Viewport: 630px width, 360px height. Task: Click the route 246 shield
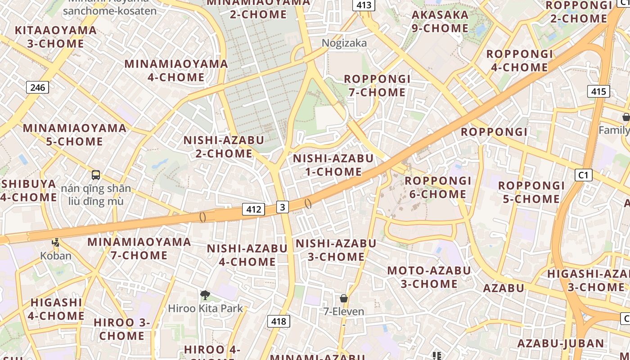click(x=37, y=87)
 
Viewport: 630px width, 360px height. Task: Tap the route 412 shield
click(x=253, y=209)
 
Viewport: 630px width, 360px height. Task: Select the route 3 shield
click(x=282, y=207)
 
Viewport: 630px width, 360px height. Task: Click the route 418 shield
click(x=279, y=321)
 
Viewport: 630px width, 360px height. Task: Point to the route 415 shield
click(x=598, y=92)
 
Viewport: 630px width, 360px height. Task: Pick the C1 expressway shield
click(x=583, y=175)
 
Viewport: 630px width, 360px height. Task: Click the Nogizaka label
click(x=344, y=43)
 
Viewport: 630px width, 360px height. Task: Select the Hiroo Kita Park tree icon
click(x=205, y=295)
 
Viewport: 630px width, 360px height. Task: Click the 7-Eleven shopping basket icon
click(x=344, y=298)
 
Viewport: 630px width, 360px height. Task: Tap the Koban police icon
click(x=55, y=243)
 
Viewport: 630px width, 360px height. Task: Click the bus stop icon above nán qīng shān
click(x=96, y=175)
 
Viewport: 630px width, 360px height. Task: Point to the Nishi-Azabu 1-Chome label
click(x=333, y=165)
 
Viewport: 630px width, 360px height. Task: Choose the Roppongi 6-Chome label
click(x=438, y=188)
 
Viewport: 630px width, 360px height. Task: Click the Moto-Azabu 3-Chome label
click(x=429, y=277)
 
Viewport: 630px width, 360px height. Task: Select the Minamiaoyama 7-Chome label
click(x=139, y=248)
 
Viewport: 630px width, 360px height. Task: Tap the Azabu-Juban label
click(x=561, y=343)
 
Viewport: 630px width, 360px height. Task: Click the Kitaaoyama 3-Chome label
click(x=56, y=37)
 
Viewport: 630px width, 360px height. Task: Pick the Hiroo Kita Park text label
click(x=205, y=309)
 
